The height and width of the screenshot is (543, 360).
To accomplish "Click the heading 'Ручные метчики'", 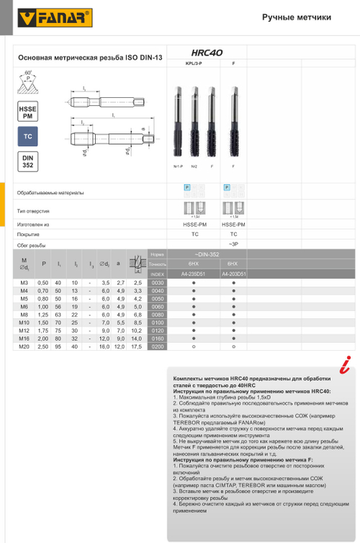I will tap(297, 17).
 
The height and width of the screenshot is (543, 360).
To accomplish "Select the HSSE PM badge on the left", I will tap(27, 112).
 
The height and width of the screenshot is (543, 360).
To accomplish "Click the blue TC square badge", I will tap(27, 136).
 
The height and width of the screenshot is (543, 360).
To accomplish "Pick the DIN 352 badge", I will tap(27, 161).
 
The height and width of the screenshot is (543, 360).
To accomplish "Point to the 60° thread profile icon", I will tap(28, 83).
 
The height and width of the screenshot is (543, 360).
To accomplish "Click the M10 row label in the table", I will tap(24, 323).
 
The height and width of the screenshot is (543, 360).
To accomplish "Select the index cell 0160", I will tap(157, 338).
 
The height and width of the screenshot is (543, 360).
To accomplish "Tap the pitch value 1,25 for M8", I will tap(42, 315).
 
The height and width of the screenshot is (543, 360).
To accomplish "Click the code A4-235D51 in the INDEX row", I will tap(194, 274).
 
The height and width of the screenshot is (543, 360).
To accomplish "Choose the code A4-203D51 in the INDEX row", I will tap(233, 274).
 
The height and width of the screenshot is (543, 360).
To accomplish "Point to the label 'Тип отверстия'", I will tap(33, 211).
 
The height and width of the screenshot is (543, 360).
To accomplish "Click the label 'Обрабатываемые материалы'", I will tap(50, 192).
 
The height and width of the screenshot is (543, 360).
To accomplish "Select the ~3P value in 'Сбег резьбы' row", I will tap(233, 245).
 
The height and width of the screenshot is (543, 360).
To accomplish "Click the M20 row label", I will tap(24, 346).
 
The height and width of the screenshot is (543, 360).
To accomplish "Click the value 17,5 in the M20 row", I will tap(137, 346).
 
